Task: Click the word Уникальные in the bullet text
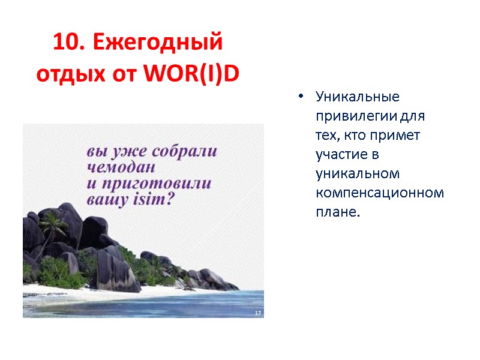(358, 96)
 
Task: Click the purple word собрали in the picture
(186, 151)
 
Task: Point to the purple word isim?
(152, 200)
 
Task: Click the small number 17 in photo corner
(258, 313)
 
